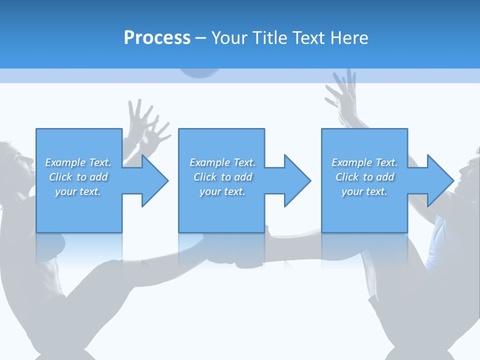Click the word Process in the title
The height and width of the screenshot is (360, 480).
157,37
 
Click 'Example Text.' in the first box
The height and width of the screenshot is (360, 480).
78,162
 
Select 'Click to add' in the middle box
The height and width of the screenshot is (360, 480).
222,177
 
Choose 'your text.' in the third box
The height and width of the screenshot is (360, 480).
364,191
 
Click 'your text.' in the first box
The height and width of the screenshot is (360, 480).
78,191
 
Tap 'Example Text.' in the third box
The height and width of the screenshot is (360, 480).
364,162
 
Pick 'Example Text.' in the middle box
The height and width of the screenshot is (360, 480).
222,162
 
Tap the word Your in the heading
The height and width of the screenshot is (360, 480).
229,38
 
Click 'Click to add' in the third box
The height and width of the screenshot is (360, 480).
364,177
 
